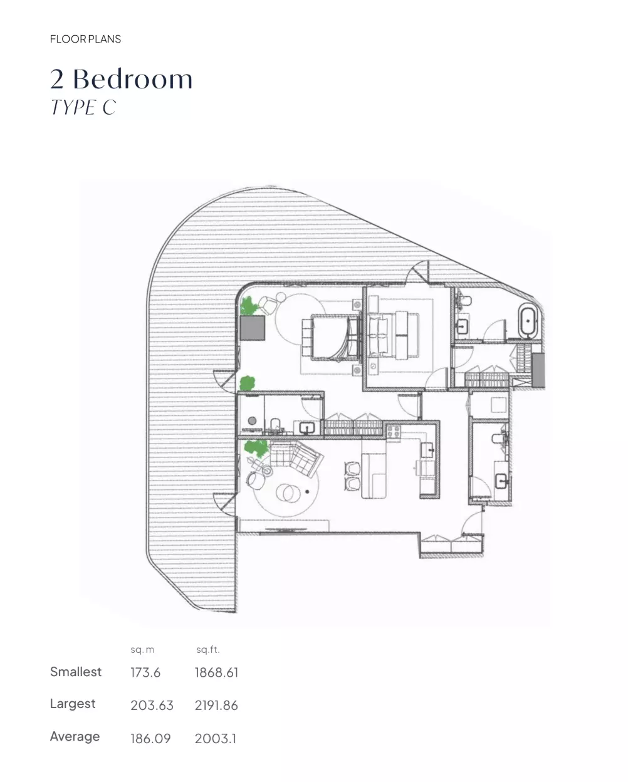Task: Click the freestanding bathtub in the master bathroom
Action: click(x=527, y=321)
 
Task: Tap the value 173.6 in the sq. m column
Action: click(x=145, y=672)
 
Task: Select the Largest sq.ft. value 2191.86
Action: click(x=216, y=706)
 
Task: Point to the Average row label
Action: click(x=75, y=736)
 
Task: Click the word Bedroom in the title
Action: click(x=133, y=79)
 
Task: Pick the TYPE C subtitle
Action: click(x=83, y=107)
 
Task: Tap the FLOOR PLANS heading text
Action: click(x=85, y=39)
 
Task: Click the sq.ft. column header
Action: click(x=208, y=650)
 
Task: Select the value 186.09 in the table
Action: click(x=150, y=738)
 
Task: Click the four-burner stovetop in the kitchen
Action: click(x=394, y=432)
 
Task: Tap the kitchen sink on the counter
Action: click(x=427, y=451)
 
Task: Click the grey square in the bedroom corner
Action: click(x=252, y=328)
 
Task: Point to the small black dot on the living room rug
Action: click(x=307, y=492)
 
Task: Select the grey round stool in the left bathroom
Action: click(x=252, y=421)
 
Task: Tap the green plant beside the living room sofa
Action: click(x=256, y=448)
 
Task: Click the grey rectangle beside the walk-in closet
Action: click(x=538, y=370)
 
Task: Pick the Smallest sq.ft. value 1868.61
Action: click(x=216, y=672)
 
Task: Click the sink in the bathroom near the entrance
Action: click(x=502, y=481)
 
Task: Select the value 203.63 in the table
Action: click(x=152, y=706)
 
